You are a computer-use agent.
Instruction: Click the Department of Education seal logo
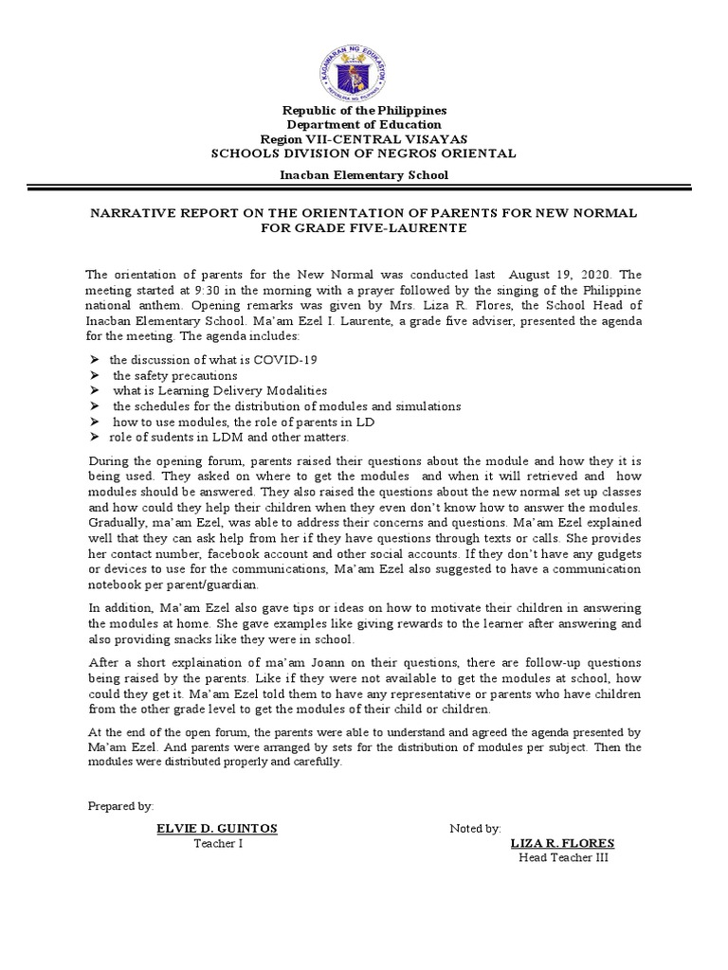[364, 58]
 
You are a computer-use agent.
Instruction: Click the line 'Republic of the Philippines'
[364, 111]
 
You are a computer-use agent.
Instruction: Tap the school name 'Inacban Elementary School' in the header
[364, 175]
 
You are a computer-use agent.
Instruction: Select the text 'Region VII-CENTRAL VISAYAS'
[364, 138]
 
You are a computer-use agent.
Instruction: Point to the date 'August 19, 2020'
[551, 274]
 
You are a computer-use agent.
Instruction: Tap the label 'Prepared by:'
[120, 805]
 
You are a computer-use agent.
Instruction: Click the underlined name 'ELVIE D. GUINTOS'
[217, 828]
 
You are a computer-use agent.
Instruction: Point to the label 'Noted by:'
[475, 829]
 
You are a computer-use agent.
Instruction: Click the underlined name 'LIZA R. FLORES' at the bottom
[562, 843]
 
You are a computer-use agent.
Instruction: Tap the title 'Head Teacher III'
[563, 858]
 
